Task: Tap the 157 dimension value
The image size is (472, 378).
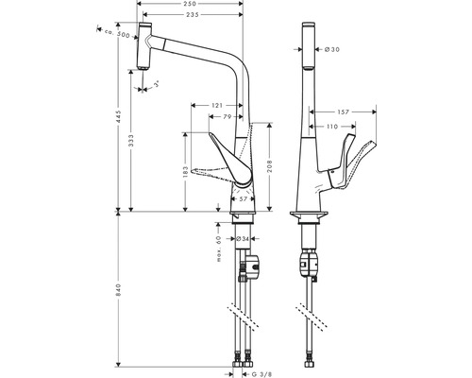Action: click(x=371, y=112)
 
